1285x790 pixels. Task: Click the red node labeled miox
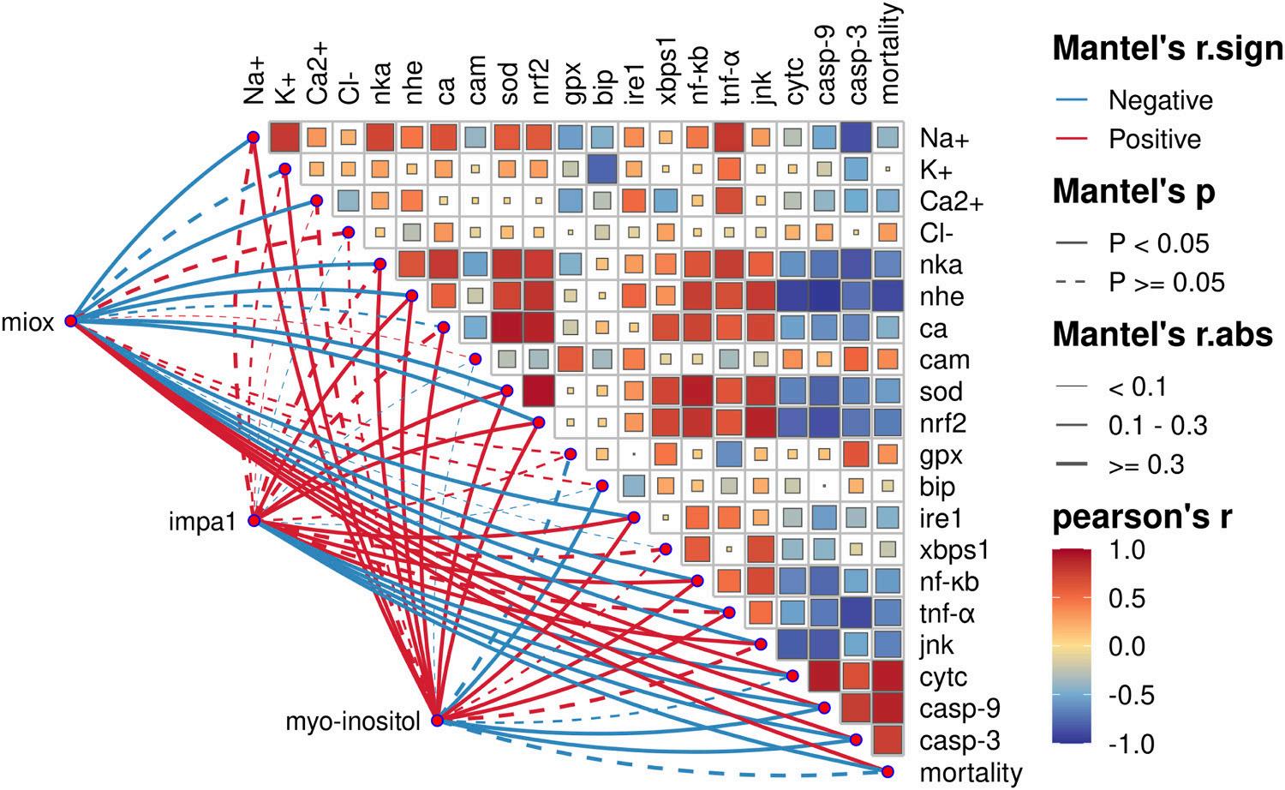tap(71, 321)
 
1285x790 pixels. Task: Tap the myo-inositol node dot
tap(437, 721)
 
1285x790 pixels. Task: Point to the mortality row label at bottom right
tap(971, 773)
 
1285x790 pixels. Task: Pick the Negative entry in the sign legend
tap(1160, 101)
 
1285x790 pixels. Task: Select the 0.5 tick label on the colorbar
tap(1126, 598)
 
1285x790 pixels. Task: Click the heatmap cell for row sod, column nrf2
tap(539, 392)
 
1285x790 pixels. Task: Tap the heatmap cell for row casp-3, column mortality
tap(888, 739)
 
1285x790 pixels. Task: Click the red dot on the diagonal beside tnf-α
tap(729, 613)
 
